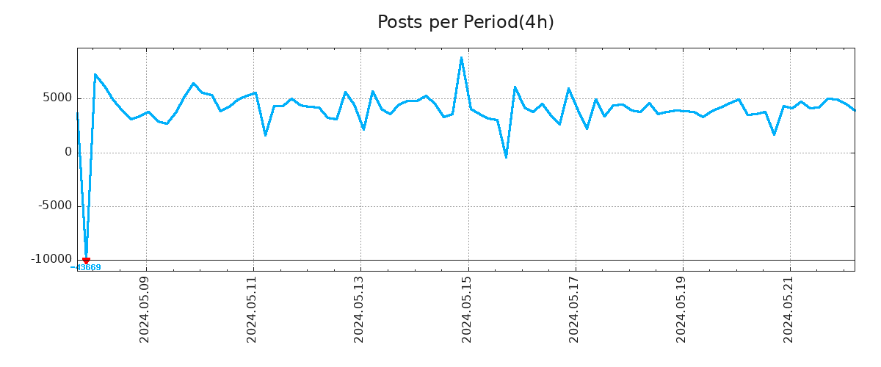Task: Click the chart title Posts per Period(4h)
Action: (x=465, y=23)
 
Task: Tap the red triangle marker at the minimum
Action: (x=86, y=261)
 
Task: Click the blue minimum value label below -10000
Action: (x=87, y=268)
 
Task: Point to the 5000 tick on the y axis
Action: (x=57, y=98)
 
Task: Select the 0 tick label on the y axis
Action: (x=68, y=152)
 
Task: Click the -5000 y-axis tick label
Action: (x=55, y=206)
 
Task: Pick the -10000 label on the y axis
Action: (x=51, y=259)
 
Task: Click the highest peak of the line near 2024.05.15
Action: (x=461, y=57)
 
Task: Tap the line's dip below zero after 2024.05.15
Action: (x=506, y=157)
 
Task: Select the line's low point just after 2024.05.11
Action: (x=265, y=135)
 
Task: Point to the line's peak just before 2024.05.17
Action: (x=568, y=89)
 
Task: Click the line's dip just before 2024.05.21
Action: (x=774, y=134)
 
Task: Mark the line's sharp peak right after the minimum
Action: (x=95, y=74)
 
